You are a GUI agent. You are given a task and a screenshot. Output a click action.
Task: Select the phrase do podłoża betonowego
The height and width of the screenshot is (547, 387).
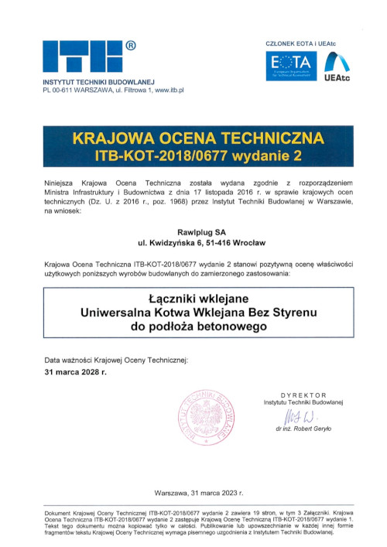click(193, 327)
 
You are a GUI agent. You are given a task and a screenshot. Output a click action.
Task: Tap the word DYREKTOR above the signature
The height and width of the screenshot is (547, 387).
click(303, 395)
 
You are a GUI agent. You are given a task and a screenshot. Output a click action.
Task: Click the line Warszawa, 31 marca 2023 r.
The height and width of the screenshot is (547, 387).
click(199, 492)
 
